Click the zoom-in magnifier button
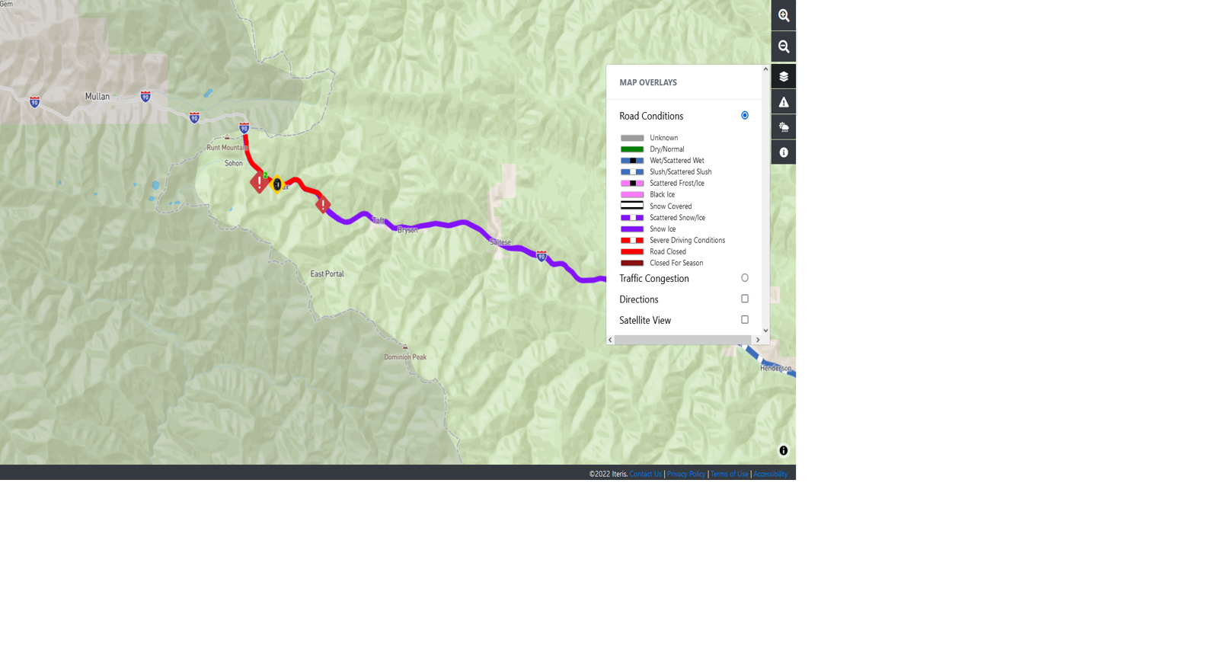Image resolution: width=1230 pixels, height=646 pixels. (783, 15)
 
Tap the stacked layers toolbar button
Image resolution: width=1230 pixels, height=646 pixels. (783, 76)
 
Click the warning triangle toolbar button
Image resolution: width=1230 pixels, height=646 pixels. (783, 102)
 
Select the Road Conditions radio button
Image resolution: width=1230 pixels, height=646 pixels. (745, 115)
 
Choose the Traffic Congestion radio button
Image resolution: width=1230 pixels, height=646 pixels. (745, 278)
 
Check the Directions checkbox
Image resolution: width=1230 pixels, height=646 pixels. (745, 299)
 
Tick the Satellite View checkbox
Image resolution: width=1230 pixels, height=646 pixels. (745, 320)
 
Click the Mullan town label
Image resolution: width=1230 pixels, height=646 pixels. (97, 97)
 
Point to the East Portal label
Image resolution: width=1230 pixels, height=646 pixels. (327, 273)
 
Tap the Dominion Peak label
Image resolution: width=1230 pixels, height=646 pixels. (405, 357)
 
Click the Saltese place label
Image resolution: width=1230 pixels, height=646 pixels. (500, 242)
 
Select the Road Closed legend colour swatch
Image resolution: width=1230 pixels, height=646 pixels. (632, 251)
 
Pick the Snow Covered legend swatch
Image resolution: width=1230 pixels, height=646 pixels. (632, 206)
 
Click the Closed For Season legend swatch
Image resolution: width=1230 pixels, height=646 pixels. (632, 263)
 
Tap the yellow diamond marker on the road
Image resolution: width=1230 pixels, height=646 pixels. (277, 184)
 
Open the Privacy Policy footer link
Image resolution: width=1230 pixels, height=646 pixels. (685, 474)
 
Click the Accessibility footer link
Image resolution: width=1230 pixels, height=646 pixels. (770, 474)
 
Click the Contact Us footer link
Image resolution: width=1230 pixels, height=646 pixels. (645, 474)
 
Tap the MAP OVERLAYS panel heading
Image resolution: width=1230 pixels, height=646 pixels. (648, 82)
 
